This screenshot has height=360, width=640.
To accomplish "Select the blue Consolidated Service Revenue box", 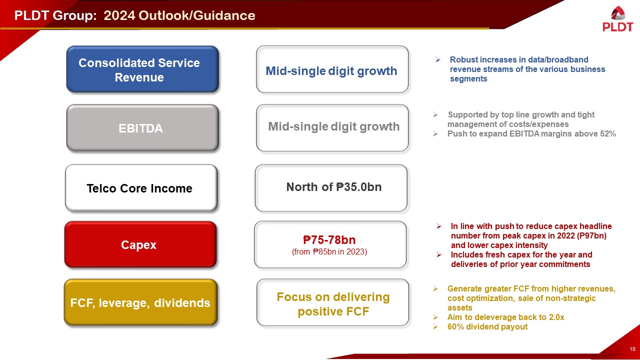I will click(142, 69).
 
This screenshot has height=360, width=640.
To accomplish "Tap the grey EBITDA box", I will click(142, 128).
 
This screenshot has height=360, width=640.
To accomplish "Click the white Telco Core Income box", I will click(140, 188).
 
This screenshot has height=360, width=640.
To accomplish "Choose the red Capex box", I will click(139, 244).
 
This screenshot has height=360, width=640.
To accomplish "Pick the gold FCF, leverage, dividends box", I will click(140, 302).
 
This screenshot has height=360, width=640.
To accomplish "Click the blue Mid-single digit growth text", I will click(331, 70).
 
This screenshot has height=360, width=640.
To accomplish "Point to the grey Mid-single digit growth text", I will click(333, 126).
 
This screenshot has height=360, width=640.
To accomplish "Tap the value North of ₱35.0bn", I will click(333, 187).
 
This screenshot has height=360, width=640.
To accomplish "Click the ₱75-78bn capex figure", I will click(329, 239).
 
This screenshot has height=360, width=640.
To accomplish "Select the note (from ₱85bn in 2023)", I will click(329, 252).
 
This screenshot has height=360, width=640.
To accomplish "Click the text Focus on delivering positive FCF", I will click(333, 304).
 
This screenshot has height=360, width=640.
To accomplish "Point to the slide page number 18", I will click(632, 349).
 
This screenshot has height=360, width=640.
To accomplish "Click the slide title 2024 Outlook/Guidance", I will click(179, 15).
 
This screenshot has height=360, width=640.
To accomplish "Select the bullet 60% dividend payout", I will click(487, 327).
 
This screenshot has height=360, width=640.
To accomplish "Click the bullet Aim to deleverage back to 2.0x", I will click(505, 317).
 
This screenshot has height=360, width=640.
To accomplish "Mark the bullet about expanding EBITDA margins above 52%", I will click(531, 133).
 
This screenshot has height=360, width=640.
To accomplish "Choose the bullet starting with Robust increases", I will click(527, 69).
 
